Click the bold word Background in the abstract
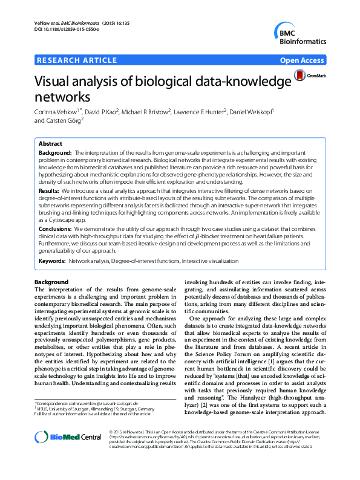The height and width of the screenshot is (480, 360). coord(55,154)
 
